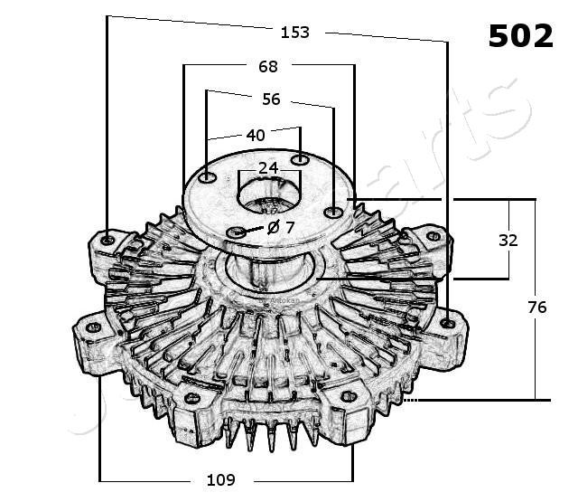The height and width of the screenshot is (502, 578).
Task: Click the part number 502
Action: click(520, 36)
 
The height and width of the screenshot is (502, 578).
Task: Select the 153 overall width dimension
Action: click(294, 33)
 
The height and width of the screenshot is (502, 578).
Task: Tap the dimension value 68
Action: click(268, 66)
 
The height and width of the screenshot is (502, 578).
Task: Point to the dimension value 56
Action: click(272, 99)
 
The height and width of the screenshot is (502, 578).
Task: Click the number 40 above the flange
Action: click(256, 135)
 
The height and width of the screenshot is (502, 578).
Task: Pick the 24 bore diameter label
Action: click(268, 168)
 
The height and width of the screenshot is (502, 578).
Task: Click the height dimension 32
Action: click(509, 241)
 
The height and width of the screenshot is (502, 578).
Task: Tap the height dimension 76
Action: click(536, 308)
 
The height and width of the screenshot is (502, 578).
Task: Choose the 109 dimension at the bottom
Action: click(220, 479)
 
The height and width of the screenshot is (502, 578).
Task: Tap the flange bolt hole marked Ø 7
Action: click(238, 233)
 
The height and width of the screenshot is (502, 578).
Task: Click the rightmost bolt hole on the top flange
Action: click(333, 213)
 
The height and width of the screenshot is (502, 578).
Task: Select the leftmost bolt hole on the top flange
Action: click(208, 177)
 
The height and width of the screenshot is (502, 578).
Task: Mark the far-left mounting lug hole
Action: click(91, 327)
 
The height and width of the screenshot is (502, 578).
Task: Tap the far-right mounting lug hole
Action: click(449, 322)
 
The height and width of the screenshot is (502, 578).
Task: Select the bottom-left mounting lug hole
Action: click(191, 396)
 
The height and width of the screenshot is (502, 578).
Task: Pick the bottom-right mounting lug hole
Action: click(349, 396)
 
